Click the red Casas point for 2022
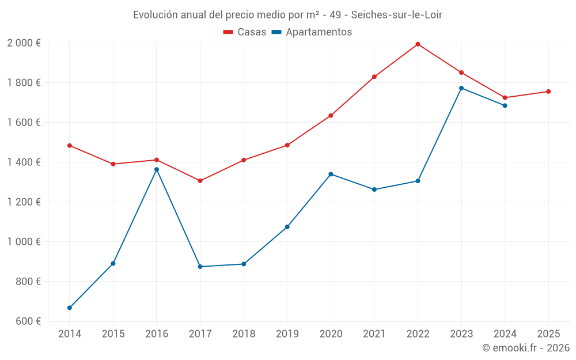tap(418, 44)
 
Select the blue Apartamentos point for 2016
tap(157, 169)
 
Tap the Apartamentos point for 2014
tap(70, 308)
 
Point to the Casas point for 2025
tap(548, 92)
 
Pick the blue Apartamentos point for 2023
tap(461, 88)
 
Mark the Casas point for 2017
tap(200, 181)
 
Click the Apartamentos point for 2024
tap(505, 105)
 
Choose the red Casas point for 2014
tap(70, 146)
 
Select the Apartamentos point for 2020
tap(331, 174)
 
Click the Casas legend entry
tap(245, 32)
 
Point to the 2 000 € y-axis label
tap(24, 43)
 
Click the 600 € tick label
tap(28, 321)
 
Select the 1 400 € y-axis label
tap(24, 162)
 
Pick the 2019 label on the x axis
tap(287, 334)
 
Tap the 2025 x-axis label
tap(548, 334)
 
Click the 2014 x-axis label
tap(70, 334)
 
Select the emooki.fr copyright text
tap(526, 348)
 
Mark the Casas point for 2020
tap(331, 116)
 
